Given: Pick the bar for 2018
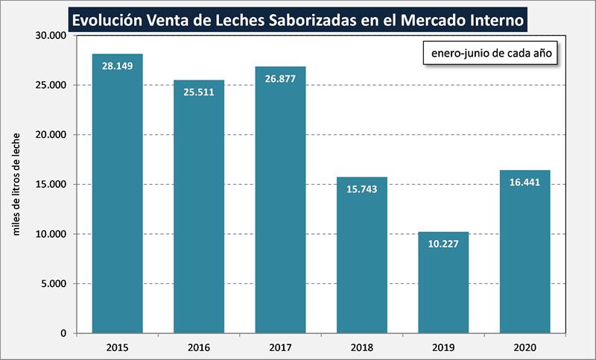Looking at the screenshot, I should tap(362, 257).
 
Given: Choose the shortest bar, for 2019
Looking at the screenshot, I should tap(443, 283).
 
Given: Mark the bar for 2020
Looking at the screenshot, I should tap(524, 253).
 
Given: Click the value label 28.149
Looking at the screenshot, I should tap(117, 66).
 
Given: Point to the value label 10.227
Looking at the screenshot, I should tap(443, 243).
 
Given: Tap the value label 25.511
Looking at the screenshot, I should tap(199, 92).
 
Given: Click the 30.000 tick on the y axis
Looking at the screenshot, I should tap(51, 36).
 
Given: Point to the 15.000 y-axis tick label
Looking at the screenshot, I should tap(51, 184).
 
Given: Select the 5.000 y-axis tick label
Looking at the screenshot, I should tap(54, 283).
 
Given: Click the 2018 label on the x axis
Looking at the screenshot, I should tap(362, 347).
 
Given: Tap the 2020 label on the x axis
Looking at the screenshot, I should tap(524, 347).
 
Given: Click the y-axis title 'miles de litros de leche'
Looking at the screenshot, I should tap(16, 184).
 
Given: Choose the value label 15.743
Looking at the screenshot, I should tap(362, 189).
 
